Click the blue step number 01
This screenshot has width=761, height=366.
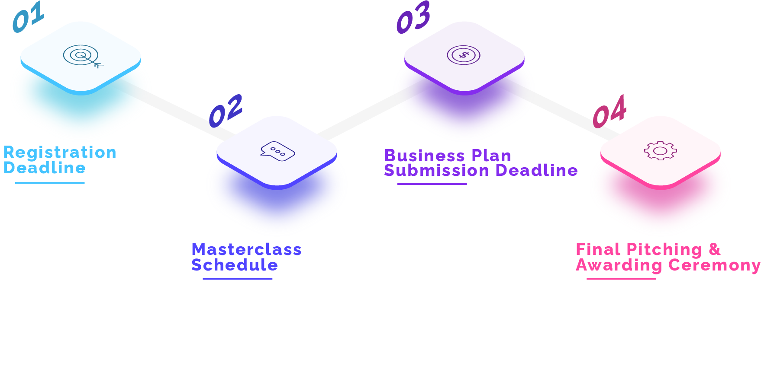pyautogui.click(x=29, y=17)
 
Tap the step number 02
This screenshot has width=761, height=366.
pyautogui.click(x=226, y=111)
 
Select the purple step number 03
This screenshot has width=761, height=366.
pyautogui.click(x=413, y=17)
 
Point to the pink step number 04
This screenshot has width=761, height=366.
pyautogui.click(x=609, y=111)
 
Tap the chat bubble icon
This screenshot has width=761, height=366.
pyautogui.click(x=277, y=151)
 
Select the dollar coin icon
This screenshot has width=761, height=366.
pyautogui.click(x=464, y=55)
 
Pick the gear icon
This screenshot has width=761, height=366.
pyautogui.click(x=660, y=151)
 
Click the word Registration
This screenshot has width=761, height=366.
pyautogui.click(x=60, y=153)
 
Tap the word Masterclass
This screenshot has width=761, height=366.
pyautogui.click(x=247, y=249)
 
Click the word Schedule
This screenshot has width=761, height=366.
pyautogui.click(x=235, y=265)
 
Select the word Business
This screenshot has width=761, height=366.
pyautogui.click(x=425, y=156)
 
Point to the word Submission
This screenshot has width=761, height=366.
pyautogui.click(x=437, y=170)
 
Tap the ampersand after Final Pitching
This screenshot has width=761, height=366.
pyautogui.click(x=715, y=249)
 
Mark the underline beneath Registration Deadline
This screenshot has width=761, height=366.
pyautogui.click(x=50, y=183)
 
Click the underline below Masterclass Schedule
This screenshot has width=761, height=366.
pyautogui.click(x=238, y=279)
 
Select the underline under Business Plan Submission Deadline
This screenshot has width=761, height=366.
pyautogui.click(x=432, y=184)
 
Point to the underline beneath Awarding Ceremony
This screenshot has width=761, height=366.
pyautogui.click(x=621, y=279)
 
